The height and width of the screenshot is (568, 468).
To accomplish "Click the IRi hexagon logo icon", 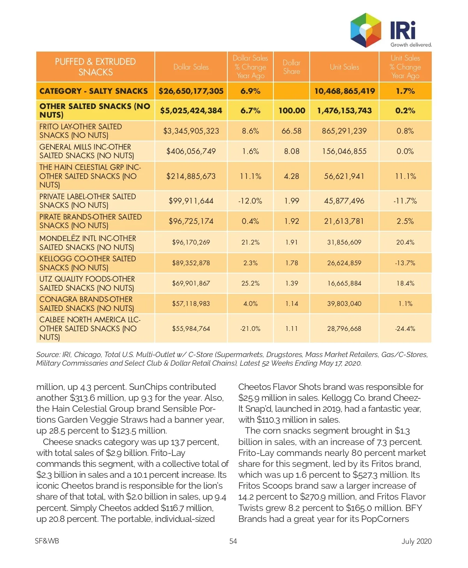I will tap(365, 30).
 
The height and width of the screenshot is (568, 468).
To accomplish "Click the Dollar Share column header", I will tap(291, 67).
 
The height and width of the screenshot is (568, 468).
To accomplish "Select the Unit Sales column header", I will tap(344, 67).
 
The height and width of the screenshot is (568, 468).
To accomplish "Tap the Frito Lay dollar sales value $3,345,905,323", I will tap(191, 131).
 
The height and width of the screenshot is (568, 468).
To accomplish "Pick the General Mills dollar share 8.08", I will tap(291, 151).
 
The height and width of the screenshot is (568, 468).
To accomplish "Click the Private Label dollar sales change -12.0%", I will tap(250, 201).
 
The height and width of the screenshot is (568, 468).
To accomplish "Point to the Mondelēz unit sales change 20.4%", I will tap(405, 242).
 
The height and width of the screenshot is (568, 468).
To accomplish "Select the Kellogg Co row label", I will tap(87, 263).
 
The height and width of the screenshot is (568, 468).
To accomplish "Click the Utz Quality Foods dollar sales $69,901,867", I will tap(191, 283).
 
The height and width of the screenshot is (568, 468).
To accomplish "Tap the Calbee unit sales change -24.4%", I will tap(405, 329).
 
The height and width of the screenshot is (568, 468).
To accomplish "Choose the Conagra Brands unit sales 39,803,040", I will tap(344, 304).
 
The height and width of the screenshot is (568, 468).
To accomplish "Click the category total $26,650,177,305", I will tap(191, 91).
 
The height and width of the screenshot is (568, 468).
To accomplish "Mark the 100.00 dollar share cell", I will tap(291, 111).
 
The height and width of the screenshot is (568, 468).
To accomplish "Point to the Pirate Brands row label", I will tap(90, 221).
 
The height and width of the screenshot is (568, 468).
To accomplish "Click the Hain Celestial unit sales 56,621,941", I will tap(344, 176).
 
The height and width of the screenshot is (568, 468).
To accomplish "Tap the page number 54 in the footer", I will tap(233, 541).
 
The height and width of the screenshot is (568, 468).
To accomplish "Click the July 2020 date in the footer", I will tap(417, 541).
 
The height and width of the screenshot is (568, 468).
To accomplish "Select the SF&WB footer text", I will tap(47, 541).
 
